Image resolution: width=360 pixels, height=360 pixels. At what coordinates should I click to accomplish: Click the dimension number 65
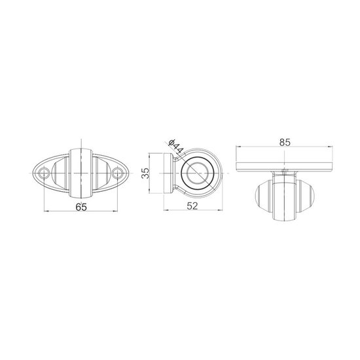point(81,207)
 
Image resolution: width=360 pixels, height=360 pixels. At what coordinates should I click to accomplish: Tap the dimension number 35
point(145,173)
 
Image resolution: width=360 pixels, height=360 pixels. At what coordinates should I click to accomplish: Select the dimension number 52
point(192,206)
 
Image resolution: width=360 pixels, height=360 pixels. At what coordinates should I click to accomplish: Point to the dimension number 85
point(285,142)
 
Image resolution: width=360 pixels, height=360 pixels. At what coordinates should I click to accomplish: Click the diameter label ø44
point(176,146)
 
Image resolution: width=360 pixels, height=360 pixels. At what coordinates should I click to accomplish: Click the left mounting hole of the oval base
point(44,173)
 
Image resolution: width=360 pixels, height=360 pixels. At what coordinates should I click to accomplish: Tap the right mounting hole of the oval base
point(118,173)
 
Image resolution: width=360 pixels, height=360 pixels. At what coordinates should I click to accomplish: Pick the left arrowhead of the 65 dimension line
point(46,211)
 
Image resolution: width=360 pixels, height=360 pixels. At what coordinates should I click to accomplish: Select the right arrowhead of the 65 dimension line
point(115,211)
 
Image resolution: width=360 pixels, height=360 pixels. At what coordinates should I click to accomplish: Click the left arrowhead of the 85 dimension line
point(239,146)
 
